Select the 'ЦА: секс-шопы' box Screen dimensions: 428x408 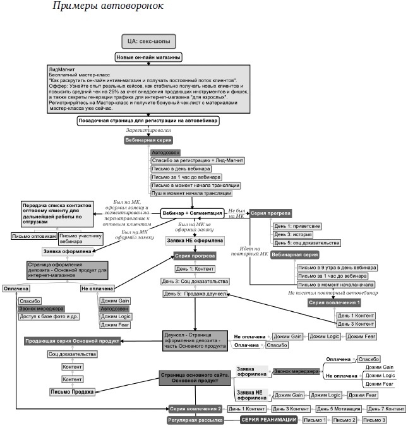148,42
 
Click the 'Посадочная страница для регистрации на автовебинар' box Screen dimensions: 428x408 148,121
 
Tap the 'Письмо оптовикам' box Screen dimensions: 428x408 33,236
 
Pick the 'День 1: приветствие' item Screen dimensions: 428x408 296,225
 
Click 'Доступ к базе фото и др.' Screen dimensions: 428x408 48,316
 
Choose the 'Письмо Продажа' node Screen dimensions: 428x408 72,392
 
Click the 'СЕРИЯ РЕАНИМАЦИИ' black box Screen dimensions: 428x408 268,420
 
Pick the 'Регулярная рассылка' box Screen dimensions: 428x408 195,420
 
